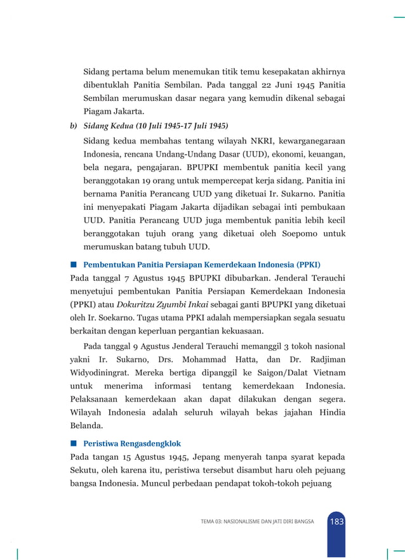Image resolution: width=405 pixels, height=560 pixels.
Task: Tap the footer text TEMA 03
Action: pos(256,522)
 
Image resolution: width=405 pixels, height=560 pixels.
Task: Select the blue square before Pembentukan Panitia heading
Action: pos(74,263)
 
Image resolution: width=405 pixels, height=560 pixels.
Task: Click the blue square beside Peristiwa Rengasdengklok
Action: pos(74,443)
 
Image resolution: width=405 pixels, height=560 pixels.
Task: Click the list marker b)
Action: pos(73,126)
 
